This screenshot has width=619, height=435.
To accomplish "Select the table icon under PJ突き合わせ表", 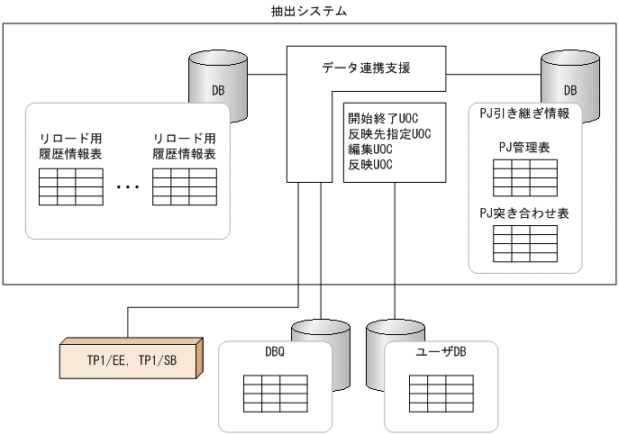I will [517, 240].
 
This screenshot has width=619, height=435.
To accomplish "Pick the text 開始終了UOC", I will [384, 116].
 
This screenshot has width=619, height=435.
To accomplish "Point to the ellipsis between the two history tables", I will [128, 187].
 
